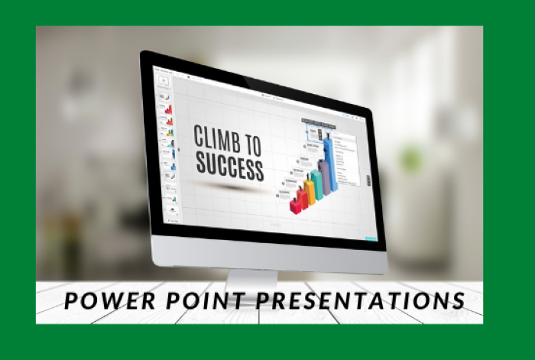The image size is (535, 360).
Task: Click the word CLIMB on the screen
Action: point(216,139)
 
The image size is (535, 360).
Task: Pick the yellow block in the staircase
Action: point(309,191)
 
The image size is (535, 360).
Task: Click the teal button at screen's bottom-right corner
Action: point(371,238)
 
